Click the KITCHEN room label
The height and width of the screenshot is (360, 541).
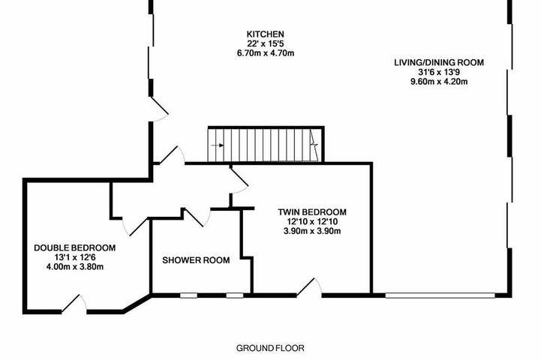pos(266,34)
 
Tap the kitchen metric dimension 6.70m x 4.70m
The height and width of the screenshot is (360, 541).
pos(266,53)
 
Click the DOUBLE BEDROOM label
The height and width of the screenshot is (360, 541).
pos(74,247)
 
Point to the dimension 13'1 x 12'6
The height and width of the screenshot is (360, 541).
pos(74,257)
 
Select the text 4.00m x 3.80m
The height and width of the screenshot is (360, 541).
pos(74,267)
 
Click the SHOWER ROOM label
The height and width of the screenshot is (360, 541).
pos(196,261)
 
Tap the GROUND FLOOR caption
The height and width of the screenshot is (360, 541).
pos(270,348)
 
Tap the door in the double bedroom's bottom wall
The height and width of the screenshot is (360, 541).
pos(74,303)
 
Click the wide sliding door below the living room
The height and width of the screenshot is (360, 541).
pos(440,295)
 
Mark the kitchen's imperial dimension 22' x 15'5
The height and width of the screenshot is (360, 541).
pos(266,43)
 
